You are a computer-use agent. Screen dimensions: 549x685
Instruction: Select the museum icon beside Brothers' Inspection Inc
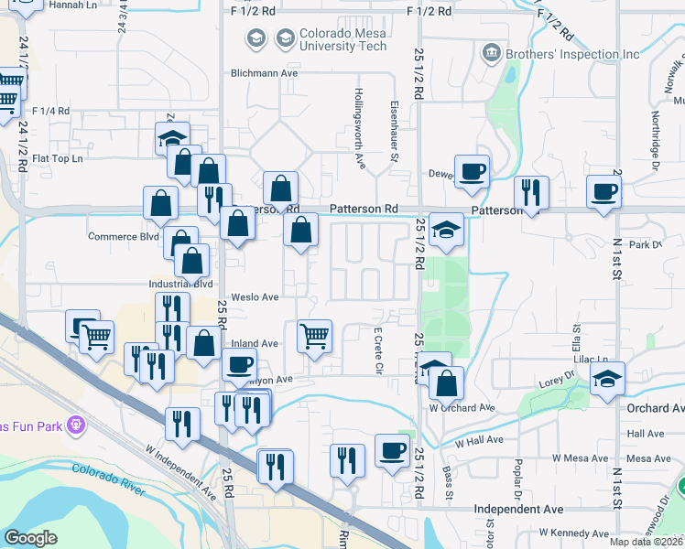(492, 54)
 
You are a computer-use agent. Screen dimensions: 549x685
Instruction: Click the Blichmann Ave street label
(266, 72)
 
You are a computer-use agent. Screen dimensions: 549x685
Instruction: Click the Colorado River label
(109, 479)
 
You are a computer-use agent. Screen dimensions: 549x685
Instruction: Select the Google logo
(31, 538)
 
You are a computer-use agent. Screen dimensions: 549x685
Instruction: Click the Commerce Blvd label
(124, 236)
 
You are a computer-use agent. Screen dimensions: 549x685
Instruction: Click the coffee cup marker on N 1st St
(603, 193)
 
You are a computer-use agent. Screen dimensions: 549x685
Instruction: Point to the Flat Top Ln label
(58, 158)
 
